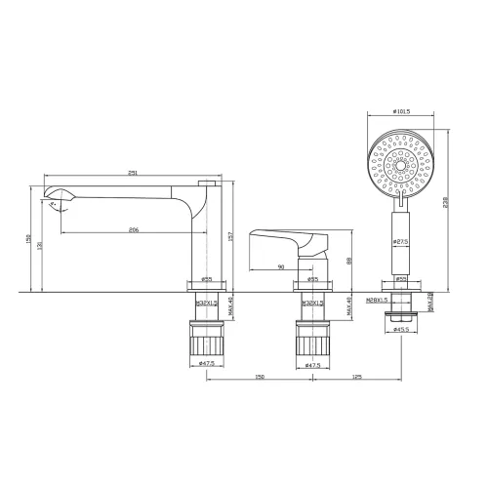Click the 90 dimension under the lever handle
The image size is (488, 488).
[x=281, y=265]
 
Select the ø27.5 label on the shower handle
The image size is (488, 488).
[x=400, y=240]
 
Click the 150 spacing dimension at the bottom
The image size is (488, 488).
[x=259, y=376]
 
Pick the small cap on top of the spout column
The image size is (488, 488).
[x=207, y=182]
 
